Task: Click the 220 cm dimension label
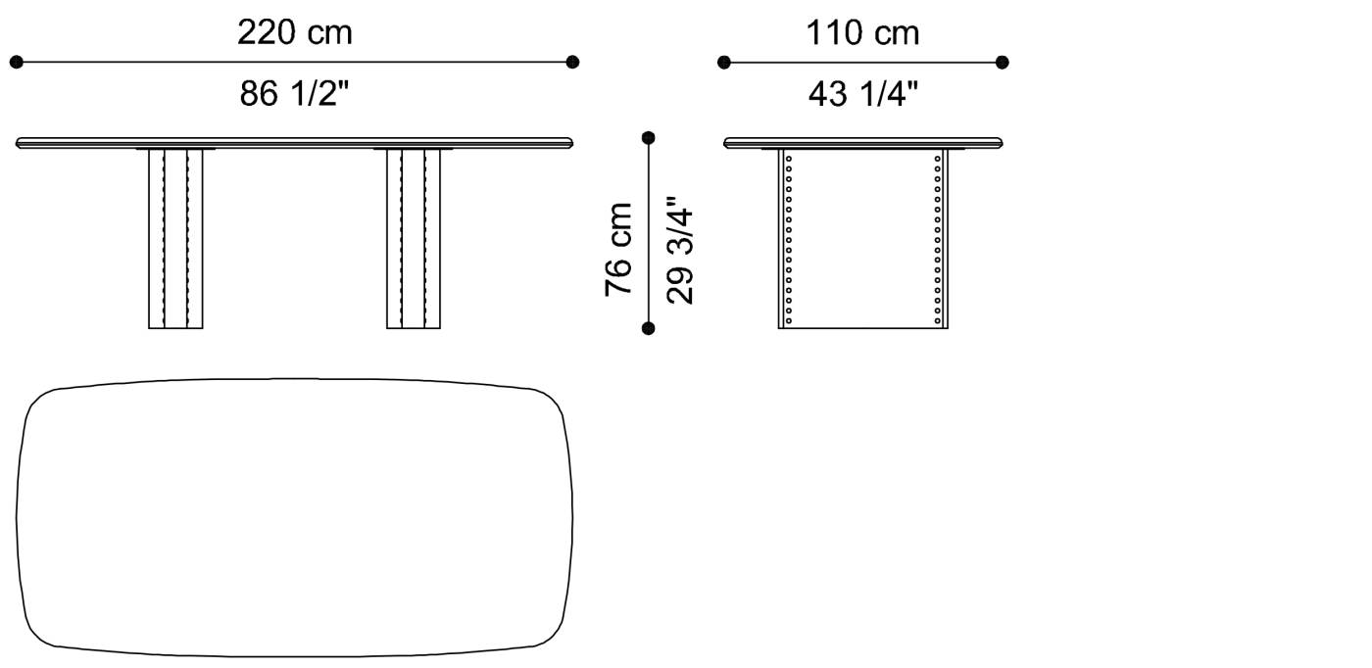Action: click(x=294, y=33)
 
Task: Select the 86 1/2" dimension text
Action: click(x=294, y=94)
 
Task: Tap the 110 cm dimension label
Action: click(x=862, y=33)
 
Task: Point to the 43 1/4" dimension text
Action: click(x=862, y=94)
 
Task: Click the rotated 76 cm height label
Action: click(x=619, y=249)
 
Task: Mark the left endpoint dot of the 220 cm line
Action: click(x=17, y=63)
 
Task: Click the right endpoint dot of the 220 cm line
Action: click(x=572, y=63)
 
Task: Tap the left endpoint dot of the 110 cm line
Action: click(x=724, y=63)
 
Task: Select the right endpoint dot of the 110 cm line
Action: click(x=1002, y=63)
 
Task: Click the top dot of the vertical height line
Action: click(x=648, y=138)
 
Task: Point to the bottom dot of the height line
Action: click(x=648, y=328)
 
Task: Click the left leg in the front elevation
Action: click(x=175, y=239)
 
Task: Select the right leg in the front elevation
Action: click(x=414, y=239)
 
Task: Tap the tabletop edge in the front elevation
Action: click(x=294, y=143)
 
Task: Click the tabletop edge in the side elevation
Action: click(x=864, y=143)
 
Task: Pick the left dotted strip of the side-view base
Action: click(x=786, y=239)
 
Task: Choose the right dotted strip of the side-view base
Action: click(x=941, y=239)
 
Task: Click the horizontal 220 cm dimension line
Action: click(x=294, y=63)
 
